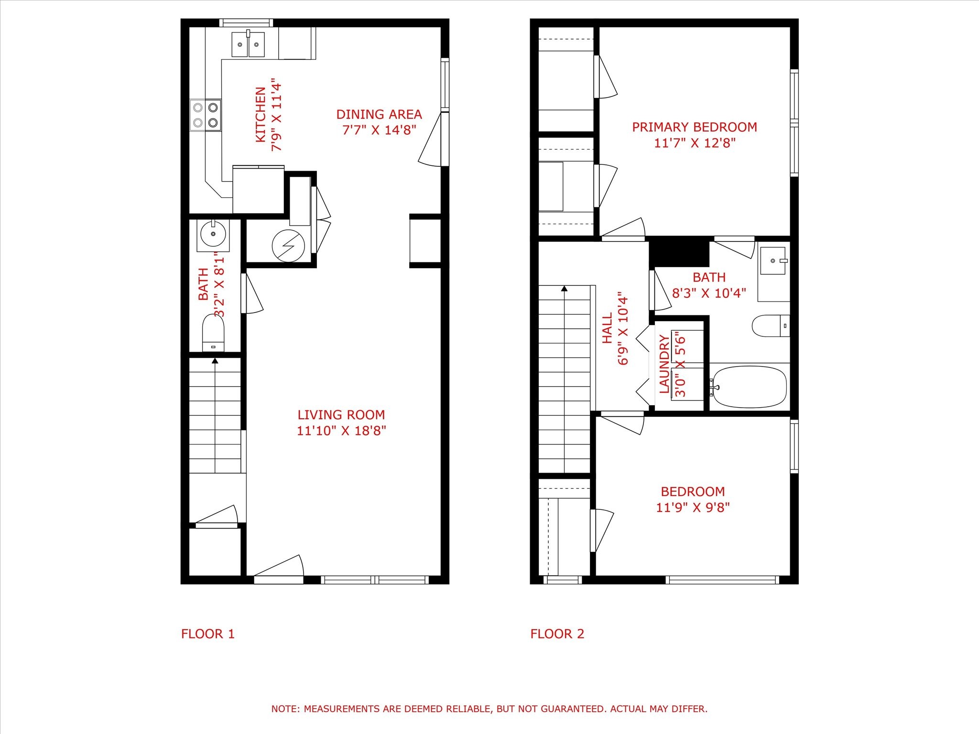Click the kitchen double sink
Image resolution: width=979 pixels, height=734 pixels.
(x=248, y=44)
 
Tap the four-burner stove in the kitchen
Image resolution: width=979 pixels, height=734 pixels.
(x=206, y=115)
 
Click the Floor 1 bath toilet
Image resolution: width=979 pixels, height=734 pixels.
(x=213, y=332)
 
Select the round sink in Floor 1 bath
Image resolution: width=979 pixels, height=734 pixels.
(x=213, y=234)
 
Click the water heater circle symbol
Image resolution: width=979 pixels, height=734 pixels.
(x=288, y=246)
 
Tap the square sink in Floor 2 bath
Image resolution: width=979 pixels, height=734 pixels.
(x=773, y=261)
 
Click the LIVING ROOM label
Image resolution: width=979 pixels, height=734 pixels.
(x=341, y=415)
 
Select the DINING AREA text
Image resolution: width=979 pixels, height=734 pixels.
(x=379, y=115)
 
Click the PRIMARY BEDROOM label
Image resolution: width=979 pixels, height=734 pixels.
(x=695, y=127)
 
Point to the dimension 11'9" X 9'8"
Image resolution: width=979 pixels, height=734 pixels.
(x=693, y=507)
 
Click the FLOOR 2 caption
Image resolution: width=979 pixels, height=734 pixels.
(x=557, y=634)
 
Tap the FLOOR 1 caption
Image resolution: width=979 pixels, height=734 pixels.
(x=208, y=634)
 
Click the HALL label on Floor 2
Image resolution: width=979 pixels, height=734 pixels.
(x=607, y=328)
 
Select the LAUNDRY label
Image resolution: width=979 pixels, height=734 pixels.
(x=664, y=364)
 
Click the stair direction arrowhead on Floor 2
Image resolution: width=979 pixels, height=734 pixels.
(x=565, y=289)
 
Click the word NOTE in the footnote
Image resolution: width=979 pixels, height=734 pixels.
(x=285, y=709)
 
